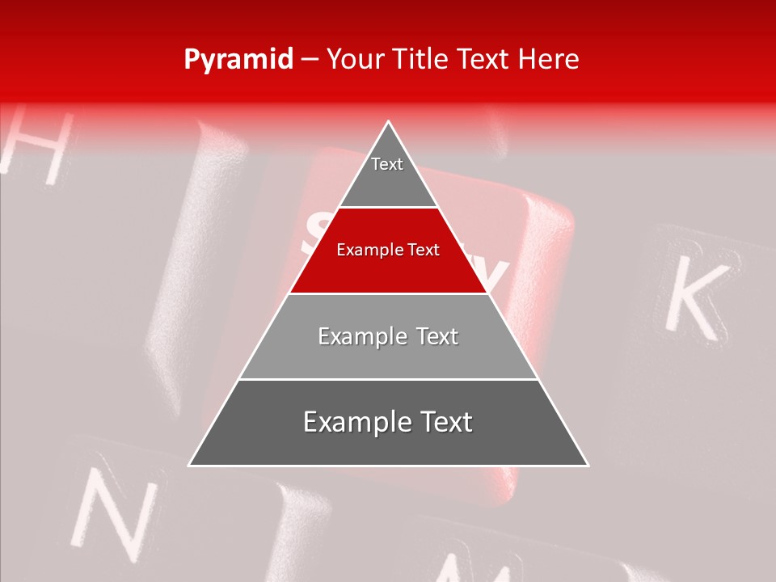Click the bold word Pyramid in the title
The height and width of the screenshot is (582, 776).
coord(238,60)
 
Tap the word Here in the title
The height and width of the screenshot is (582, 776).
coord(549,59)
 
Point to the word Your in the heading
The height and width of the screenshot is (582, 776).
coord(356,59)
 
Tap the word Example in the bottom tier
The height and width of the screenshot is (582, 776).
coord(351,422)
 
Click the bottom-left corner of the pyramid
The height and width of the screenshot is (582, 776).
coord(190,465)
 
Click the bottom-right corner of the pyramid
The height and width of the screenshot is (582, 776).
coord(588,465)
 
